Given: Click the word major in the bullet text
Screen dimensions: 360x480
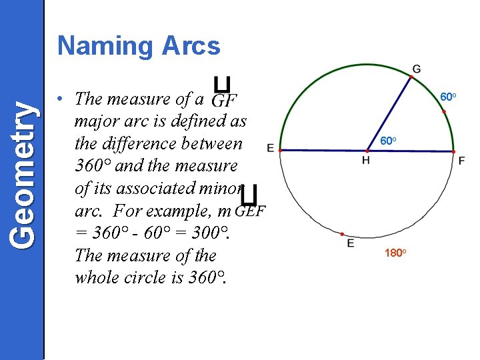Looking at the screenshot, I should coord(97,122).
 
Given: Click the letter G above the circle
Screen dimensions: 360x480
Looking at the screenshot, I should coord(417,69).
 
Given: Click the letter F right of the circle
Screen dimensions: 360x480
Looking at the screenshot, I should coord(461,161).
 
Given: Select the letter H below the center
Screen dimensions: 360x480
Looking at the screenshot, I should coord(366,161).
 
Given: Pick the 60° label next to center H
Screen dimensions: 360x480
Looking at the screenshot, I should coord(389,141).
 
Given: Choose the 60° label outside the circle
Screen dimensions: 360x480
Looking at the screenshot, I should coord(448,98).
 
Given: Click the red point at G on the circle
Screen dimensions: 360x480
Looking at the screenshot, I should coord(412,77).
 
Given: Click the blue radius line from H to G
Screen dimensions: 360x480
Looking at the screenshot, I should coord(389,114).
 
